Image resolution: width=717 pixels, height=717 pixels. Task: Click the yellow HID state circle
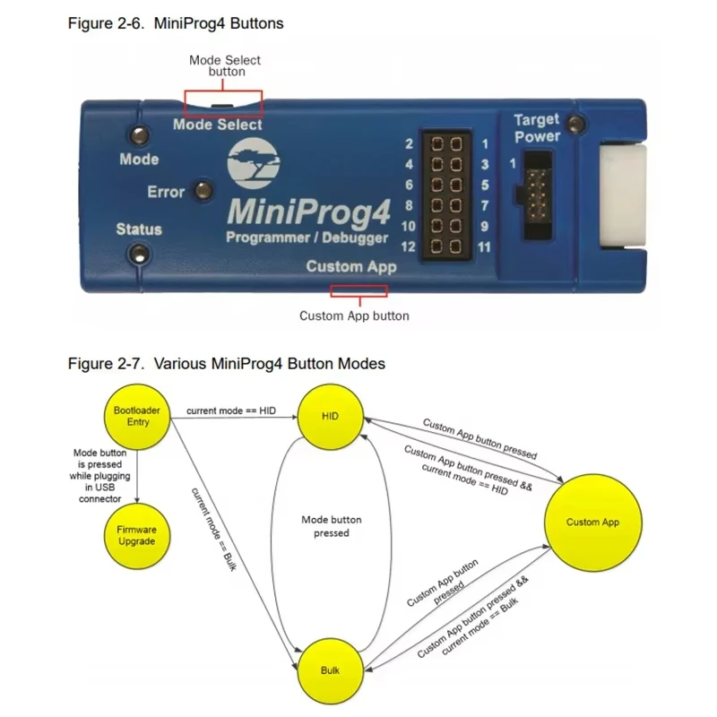pyautogui.click(x=330, y=417)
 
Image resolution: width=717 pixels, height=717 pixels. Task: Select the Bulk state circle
pyautogui.click(x=330, y=670)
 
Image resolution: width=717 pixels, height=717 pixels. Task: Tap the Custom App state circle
pyautogui.click(x=593, y=523)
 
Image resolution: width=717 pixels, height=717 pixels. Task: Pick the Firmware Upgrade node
pyautogui.click(x=137, y=536)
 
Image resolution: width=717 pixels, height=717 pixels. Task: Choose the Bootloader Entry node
pyautogui.click(x=137, y=417)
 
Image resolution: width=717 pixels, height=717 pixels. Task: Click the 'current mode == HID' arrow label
pyautogui.click(x=231, y=410)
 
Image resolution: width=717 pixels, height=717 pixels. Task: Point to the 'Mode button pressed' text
pyautogui.click(x=332, y=526)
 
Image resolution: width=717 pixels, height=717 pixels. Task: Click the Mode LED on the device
pyautogui.click(x=140, y=135)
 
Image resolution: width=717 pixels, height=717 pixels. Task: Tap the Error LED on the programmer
pyautogui.click(x=203, y=190)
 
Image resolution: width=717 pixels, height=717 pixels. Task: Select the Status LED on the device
pyautogui.click(x=139, y=255)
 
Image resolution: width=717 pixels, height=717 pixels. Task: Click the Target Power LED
pyautogui.click(x=575, y=124)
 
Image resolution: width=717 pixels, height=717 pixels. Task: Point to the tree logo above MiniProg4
pyautogui.click(x=254, y=163)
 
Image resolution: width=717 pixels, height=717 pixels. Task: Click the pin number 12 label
pyautogui.click(x=408, y=247)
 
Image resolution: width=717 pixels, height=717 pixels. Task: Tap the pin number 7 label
pyautogui.click(x=485, y=206)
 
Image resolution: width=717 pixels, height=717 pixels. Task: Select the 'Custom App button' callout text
pyautogui.click(x=354, y=316)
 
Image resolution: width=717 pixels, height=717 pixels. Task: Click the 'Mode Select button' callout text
pyautogui.click(x=225, y=65)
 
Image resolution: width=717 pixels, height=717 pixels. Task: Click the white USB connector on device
pyautogui.click(x=623, y=196)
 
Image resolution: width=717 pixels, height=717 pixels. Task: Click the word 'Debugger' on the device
pyautogui.click(x=355, y=238)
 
